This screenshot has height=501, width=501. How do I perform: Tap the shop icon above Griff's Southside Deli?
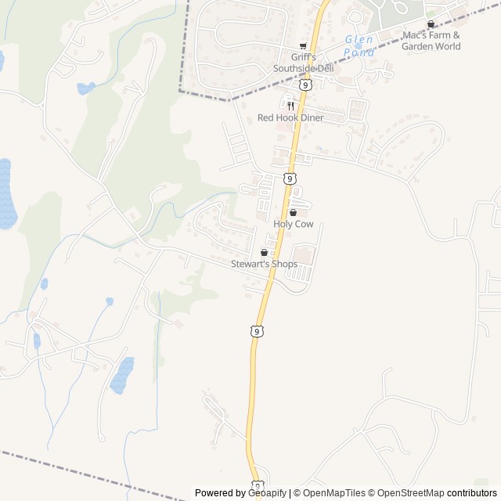coord(303,46)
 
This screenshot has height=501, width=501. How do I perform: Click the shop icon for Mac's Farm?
coord(431,24)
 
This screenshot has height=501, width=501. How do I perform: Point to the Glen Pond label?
coord(359,45)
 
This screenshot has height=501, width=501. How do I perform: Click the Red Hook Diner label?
coord(290,117)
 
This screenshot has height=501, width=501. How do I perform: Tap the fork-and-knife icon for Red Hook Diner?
coord(290,105)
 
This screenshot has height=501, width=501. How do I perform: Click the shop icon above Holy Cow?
coord(294,212)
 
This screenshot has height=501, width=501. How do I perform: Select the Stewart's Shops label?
coord(264,264)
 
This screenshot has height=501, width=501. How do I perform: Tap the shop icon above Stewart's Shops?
coord(264,252)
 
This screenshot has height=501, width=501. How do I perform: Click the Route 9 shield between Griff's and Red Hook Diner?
coord(305,85)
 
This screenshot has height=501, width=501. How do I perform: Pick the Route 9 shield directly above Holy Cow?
coord(290,178)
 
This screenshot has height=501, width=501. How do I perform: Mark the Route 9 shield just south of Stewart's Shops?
coord(257,332)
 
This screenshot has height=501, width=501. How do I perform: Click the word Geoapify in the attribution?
coord(269,493)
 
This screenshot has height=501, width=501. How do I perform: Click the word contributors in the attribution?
coord(472,493)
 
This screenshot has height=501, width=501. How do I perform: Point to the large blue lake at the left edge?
coord(6,193)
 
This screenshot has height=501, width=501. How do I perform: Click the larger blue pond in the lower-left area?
coord(121,375)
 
